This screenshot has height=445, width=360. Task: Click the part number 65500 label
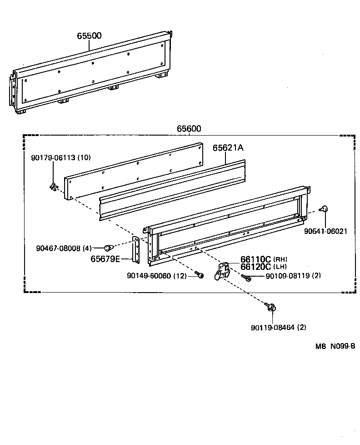point(89,35)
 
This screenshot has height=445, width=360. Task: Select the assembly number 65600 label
point(189,129)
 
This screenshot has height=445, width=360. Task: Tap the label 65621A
point(228,148)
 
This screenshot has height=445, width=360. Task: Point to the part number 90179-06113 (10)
point(61,157)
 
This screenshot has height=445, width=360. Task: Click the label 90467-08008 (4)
point(64,248)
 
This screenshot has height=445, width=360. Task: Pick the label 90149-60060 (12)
point(156,276)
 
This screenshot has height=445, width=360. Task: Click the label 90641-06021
point(325,231)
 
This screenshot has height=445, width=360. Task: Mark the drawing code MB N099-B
point(335,346)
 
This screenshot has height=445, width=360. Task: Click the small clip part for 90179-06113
point(54,187)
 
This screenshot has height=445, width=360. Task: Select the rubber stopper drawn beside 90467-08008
point(108,248)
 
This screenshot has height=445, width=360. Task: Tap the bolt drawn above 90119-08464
point(271,308)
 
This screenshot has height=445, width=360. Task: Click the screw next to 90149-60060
point(199,275)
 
